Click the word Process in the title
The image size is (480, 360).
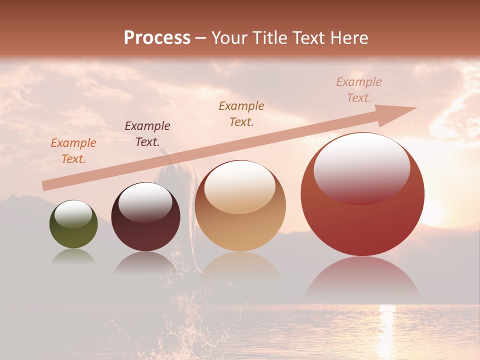tap(157, 38)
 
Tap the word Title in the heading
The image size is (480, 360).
tap(271, 38)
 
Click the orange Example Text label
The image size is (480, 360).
tap(73, 151)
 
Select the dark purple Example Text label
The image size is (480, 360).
tap(147, 134)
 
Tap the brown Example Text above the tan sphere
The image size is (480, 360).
tap(241, 113)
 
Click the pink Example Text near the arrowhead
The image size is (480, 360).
tap(359, 90)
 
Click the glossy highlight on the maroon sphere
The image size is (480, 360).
tap(145, 202)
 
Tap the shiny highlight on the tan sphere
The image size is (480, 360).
tap(240, 187)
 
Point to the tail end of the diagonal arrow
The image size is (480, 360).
tap(45, 186)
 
